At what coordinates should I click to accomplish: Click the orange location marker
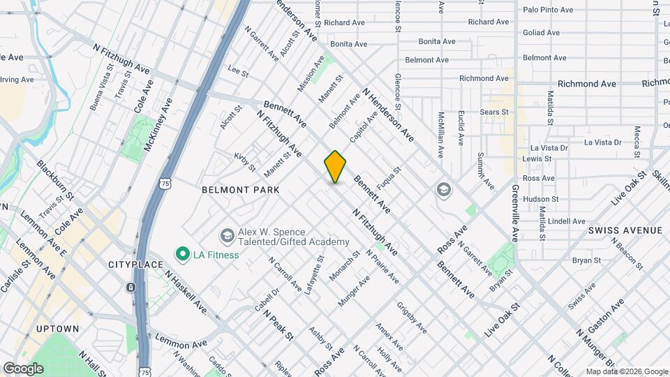click(x=335, y=167)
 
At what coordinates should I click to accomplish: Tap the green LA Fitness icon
click(x=183, y=254)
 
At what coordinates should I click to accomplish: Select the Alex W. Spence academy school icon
click(x=226, y=235)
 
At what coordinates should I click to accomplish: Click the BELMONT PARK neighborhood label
click(x=240, y=190)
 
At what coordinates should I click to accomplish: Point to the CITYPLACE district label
click(x=135, y=265)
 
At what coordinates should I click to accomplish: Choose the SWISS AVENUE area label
click(x=625, y=230)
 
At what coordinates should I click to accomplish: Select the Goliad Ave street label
click(x=541, y=33)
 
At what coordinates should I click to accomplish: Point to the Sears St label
click(x=494, y=112)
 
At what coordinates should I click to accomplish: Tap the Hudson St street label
click(x=540, y=199)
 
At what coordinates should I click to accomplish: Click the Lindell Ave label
click(x=567, y=221)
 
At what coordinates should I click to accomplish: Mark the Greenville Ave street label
click(x=515, y=213)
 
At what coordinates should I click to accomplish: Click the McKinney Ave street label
click(x=158, y=124)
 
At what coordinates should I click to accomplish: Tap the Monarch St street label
click(x=345, y=266)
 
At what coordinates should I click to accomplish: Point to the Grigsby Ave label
click(x=412, y=317)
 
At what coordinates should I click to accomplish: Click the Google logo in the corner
click(x=23, y=368)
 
